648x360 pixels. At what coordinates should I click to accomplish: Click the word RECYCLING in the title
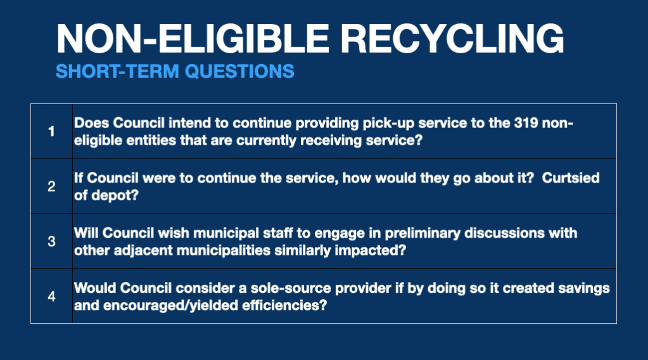452,39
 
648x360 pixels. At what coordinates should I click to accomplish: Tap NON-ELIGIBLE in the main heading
193,39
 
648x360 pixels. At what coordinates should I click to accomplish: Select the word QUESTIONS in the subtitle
239,71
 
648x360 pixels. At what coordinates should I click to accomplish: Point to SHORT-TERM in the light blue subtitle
117,71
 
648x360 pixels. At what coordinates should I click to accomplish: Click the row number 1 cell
51,131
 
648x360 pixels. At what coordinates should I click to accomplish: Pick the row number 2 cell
51,186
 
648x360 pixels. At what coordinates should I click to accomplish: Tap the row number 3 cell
51,241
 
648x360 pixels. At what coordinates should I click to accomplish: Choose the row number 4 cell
51,297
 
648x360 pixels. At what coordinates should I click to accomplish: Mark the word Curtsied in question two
570,177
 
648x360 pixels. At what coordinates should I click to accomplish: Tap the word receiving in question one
331,141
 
